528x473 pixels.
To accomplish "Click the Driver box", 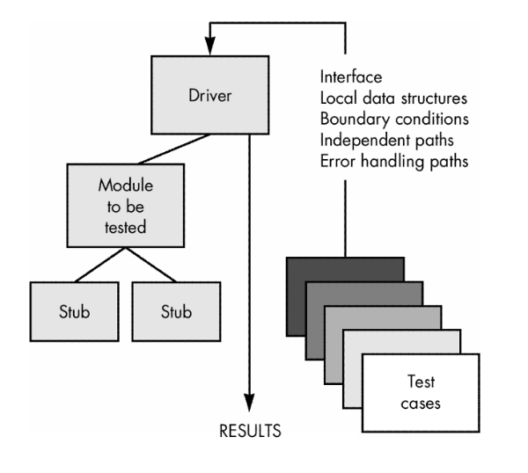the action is (210, 95).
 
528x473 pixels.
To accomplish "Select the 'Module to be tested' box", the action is (126, 206).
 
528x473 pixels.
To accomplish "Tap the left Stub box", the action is (75, 311).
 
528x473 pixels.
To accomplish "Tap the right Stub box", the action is (177, 311).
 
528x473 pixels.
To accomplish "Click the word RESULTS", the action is (250, 431).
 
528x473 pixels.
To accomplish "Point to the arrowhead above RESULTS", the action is (249, 402).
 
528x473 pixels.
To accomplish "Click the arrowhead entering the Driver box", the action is (210, 46).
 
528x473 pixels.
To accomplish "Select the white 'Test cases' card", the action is (421, 393).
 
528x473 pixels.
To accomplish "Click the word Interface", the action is (351, 77).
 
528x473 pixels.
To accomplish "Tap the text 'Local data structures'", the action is (393, 98).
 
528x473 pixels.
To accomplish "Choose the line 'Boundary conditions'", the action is (394, 119).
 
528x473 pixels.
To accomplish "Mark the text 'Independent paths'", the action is (387, 141).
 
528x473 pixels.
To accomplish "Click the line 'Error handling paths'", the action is (394, 161).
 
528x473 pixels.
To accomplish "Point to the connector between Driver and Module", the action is (174, 149).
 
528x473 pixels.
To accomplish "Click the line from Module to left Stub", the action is (100, 265).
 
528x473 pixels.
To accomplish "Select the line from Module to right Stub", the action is (150, 265).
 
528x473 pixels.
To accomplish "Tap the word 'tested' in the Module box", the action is (125, 227).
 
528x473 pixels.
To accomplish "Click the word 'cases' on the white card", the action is (421, 404).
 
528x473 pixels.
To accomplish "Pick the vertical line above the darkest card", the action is (345, 218).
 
